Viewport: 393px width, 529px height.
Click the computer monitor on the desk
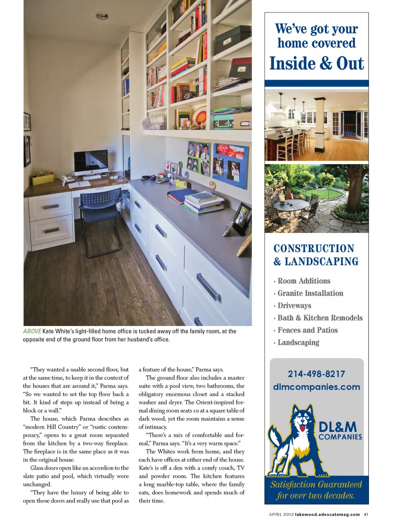point(91,162)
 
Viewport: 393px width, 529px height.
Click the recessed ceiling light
point(102,16)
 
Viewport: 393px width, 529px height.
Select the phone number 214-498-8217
point(316,374)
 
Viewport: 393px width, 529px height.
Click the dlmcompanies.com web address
point(316,387)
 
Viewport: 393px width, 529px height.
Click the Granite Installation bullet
point(310,293)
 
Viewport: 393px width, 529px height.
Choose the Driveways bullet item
point(294,306)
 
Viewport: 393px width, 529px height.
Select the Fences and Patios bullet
point(307,330)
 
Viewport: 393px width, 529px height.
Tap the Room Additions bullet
point(304,281)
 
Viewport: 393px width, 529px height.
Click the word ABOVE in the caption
point(32,331)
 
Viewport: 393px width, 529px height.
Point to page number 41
point(366,514)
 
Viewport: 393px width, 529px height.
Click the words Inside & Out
point(316,64)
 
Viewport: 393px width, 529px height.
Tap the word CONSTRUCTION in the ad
point(314,249)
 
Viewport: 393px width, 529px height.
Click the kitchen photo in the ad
point(316,125)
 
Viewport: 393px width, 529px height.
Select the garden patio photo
point(316,198)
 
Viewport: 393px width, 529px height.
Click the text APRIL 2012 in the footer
point(281,514)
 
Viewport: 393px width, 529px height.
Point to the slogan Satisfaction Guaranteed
point(316,485)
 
